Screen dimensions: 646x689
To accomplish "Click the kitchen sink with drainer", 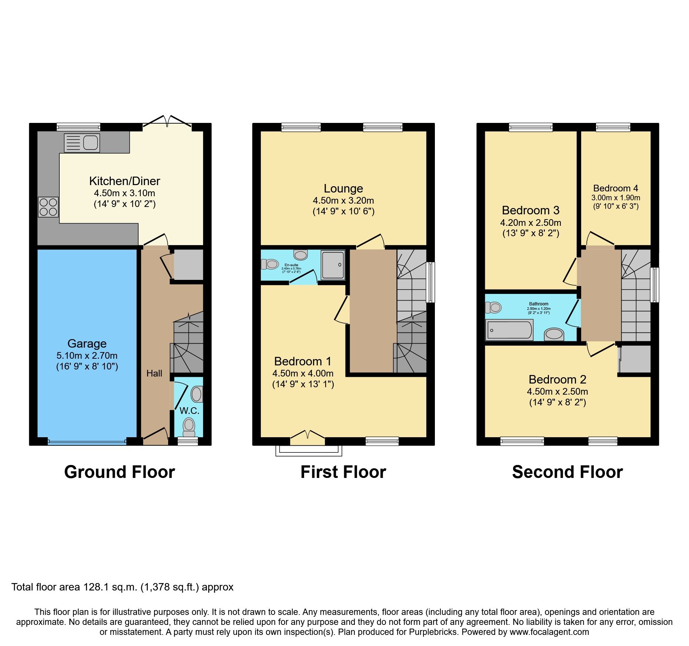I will point(82,143).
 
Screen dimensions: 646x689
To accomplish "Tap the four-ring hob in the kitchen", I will point(48,207).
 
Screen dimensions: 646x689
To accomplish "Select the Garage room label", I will point(87,344).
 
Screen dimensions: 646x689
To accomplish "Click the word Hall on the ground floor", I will point(154,373).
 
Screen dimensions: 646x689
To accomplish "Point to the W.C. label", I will point(189,411).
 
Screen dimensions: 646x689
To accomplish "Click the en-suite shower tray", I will point(333,265).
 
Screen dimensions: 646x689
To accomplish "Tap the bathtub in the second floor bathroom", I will point(510,330).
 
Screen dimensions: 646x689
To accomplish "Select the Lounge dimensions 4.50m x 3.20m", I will point(343,201).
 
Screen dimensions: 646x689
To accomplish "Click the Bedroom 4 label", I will point(616,188).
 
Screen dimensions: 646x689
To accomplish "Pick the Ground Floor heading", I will point(119,472).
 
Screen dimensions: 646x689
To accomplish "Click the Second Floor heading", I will point(567,472).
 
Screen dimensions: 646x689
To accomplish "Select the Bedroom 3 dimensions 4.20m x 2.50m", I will point(530,223).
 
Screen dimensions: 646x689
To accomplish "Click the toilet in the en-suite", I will point(270,264).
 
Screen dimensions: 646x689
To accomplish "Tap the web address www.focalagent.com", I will point(549,632).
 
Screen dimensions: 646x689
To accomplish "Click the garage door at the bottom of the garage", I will point(87,441).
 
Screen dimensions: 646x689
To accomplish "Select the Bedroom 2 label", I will point(557,379).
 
